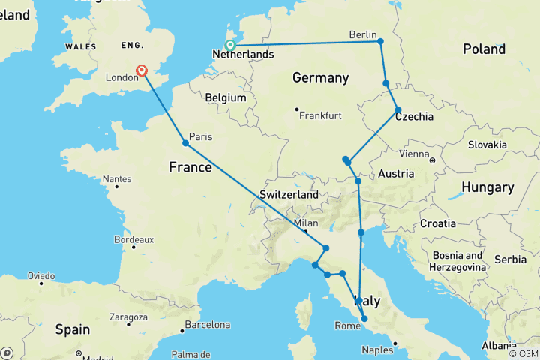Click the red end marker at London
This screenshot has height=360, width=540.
(141, 71)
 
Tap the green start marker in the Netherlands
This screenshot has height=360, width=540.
(230, 45)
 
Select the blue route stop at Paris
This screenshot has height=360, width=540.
(185, 143)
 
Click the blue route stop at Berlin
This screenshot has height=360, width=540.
(381, 41)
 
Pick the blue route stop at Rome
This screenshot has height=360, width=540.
(364, 319)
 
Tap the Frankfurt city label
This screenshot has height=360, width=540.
(320, 115)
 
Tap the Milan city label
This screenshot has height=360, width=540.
(306, 223)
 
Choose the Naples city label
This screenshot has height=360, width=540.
(378, 349)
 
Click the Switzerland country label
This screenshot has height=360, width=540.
(289, 195)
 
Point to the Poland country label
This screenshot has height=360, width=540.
(484, 49)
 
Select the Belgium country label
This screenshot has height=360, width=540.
(226, 97)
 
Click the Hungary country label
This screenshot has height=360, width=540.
(487, 187)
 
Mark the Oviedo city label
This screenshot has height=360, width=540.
(41, 275)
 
